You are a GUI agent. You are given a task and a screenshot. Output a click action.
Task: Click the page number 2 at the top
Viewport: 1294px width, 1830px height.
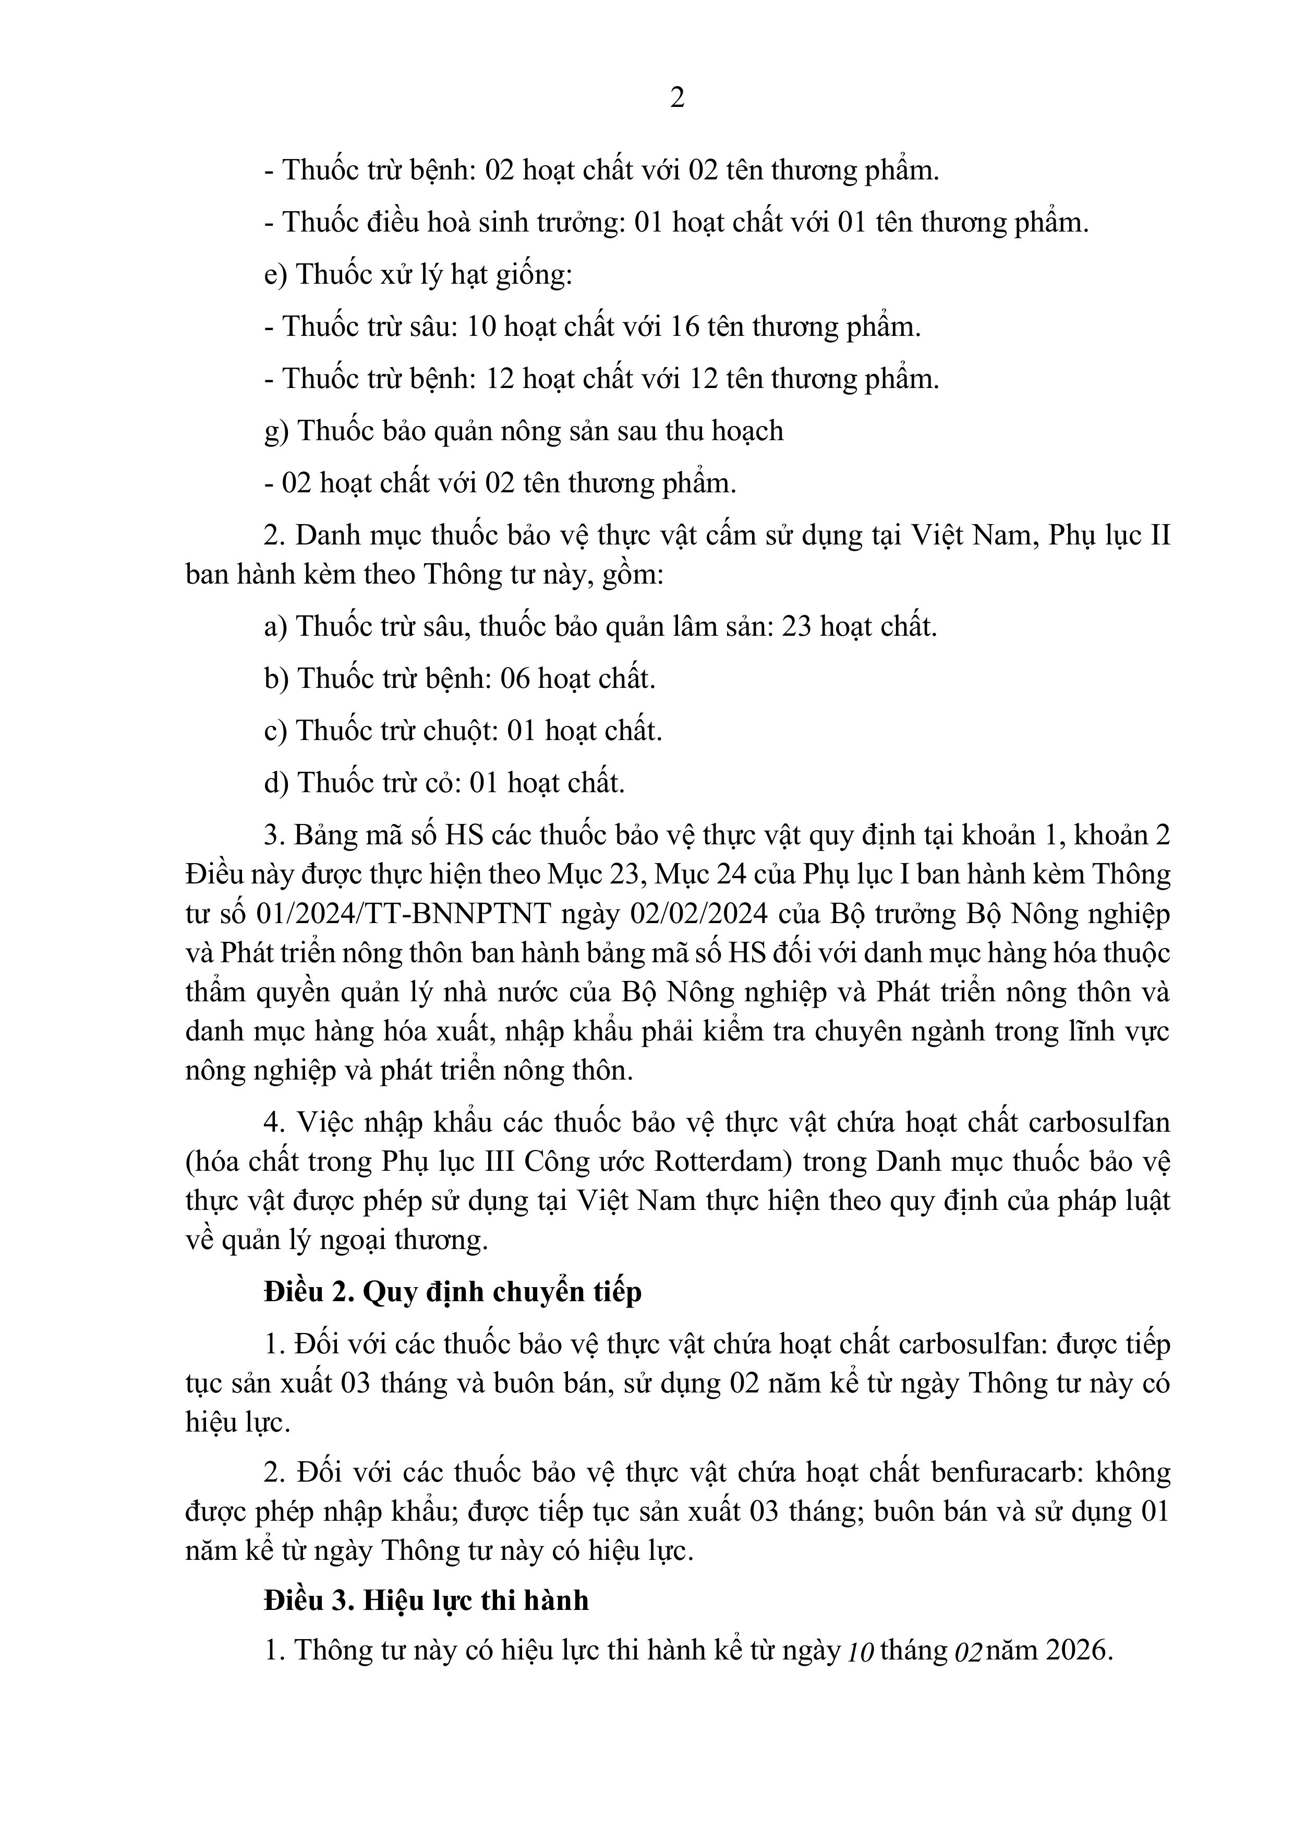677,98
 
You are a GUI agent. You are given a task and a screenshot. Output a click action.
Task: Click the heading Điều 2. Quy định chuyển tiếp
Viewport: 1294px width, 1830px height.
453,1292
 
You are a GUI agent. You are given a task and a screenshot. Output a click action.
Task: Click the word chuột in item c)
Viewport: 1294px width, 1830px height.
456,731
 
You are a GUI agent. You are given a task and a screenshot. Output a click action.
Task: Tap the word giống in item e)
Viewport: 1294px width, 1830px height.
532,275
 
